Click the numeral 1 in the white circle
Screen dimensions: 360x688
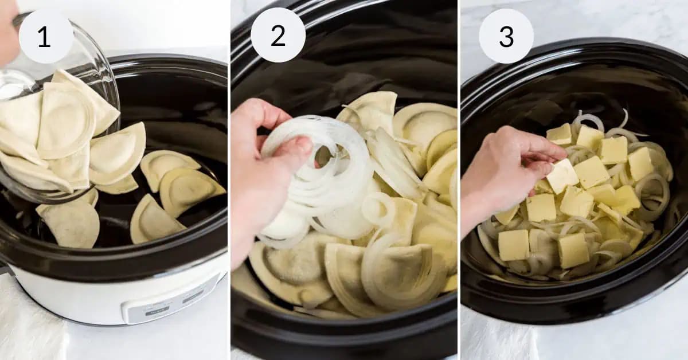46,37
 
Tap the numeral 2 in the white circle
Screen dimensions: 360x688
277,36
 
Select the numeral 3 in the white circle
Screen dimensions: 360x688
506,36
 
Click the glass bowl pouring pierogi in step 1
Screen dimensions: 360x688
86,63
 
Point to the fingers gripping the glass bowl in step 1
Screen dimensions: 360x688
8,34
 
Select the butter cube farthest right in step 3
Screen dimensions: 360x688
640,163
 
